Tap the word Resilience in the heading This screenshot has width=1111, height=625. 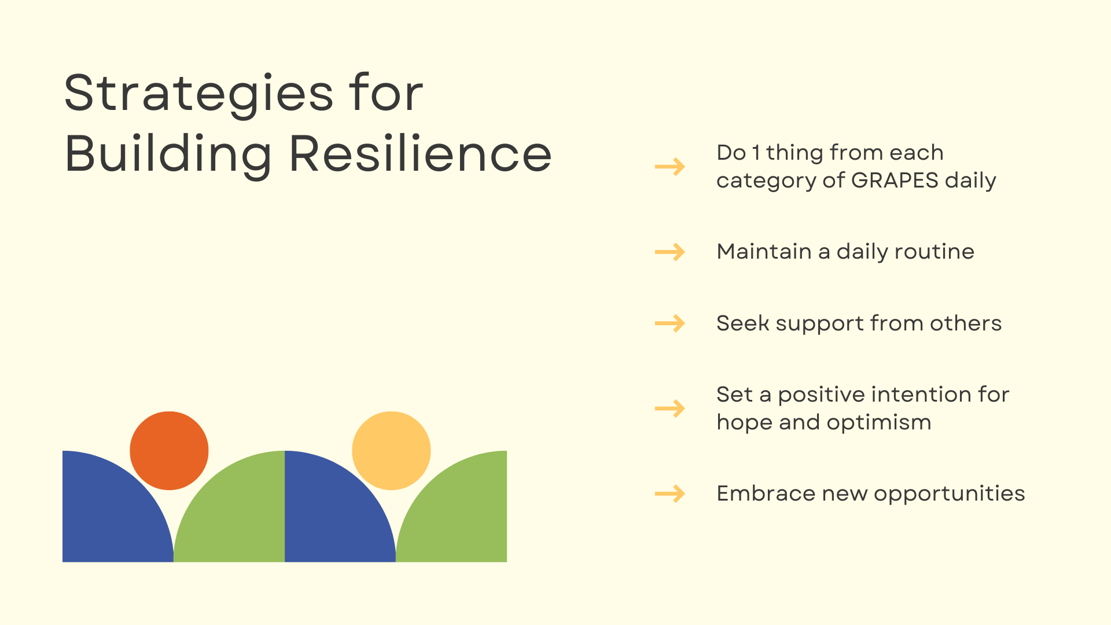pyautogui.click(x=421, y=153)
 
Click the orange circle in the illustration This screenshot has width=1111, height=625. pyautogui.click(x=169, y=451)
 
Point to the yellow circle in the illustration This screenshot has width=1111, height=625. pyautogui.click(x=391, y=451)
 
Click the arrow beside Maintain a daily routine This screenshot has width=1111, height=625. pyautogui.click(x=670, y=252)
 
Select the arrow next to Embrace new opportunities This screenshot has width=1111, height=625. pyautogui.click(x=670, y=494)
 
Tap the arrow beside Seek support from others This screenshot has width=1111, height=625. pyautogui.click(x=670, y=323)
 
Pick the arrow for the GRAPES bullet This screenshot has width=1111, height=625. pyautogui.click(x=670, y=167)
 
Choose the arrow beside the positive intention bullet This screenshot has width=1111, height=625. pyautogui.click(x=670, y=409)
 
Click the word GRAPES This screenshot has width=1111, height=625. pyautogui.click(x=895, y=180)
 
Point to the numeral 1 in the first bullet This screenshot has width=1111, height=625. pyautogui.click(x=756, y=153)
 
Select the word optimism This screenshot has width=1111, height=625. pyautogui.click(x=879, y=423)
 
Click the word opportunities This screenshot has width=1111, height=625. pyautogui.click(x=950, y=494)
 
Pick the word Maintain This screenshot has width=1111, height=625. pyautogui.click(x=764, y=252)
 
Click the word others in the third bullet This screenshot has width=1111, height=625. pyautogui.click(x=966, y=323)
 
